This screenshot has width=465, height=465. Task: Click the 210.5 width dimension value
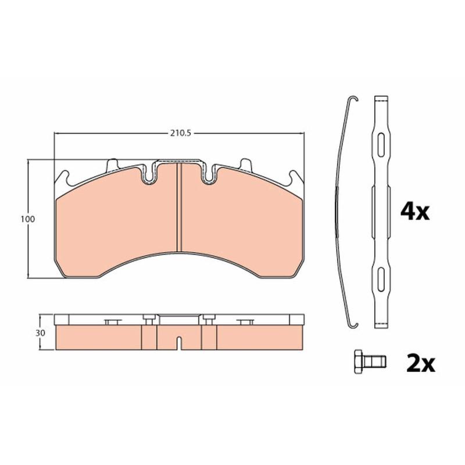click(180, 134)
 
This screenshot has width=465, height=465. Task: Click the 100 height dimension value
click(27, 219)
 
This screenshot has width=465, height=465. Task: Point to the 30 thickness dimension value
click(40, 333)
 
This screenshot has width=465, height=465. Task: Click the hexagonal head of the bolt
click(358, 361)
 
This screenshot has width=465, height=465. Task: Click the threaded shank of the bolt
click(374, 361)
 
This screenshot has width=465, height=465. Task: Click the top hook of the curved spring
click(353, 99)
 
